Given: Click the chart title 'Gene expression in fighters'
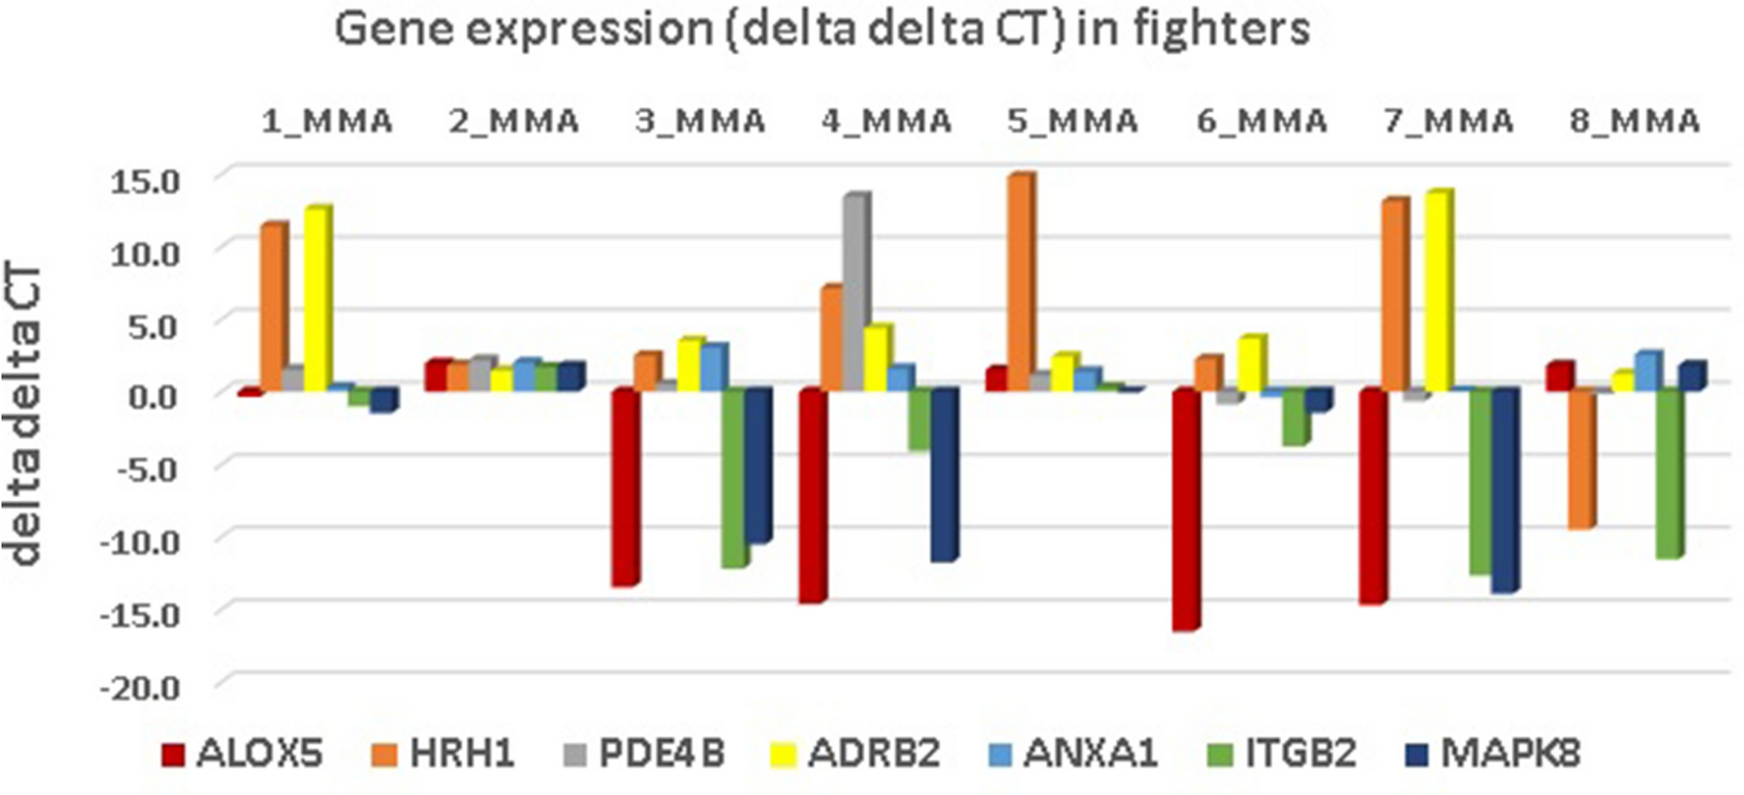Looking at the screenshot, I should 822,29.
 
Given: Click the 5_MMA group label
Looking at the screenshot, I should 1074,122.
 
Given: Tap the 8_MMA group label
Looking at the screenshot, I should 1634,122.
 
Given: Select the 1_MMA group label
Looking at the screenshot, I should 327,122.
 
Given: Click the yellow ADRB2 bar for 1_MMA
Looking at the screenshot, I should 317,300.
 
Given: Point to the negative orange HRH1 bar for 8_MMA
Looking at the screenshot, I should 1581,459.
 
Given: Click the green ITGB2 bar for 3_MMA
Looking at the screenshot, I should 733,478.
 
